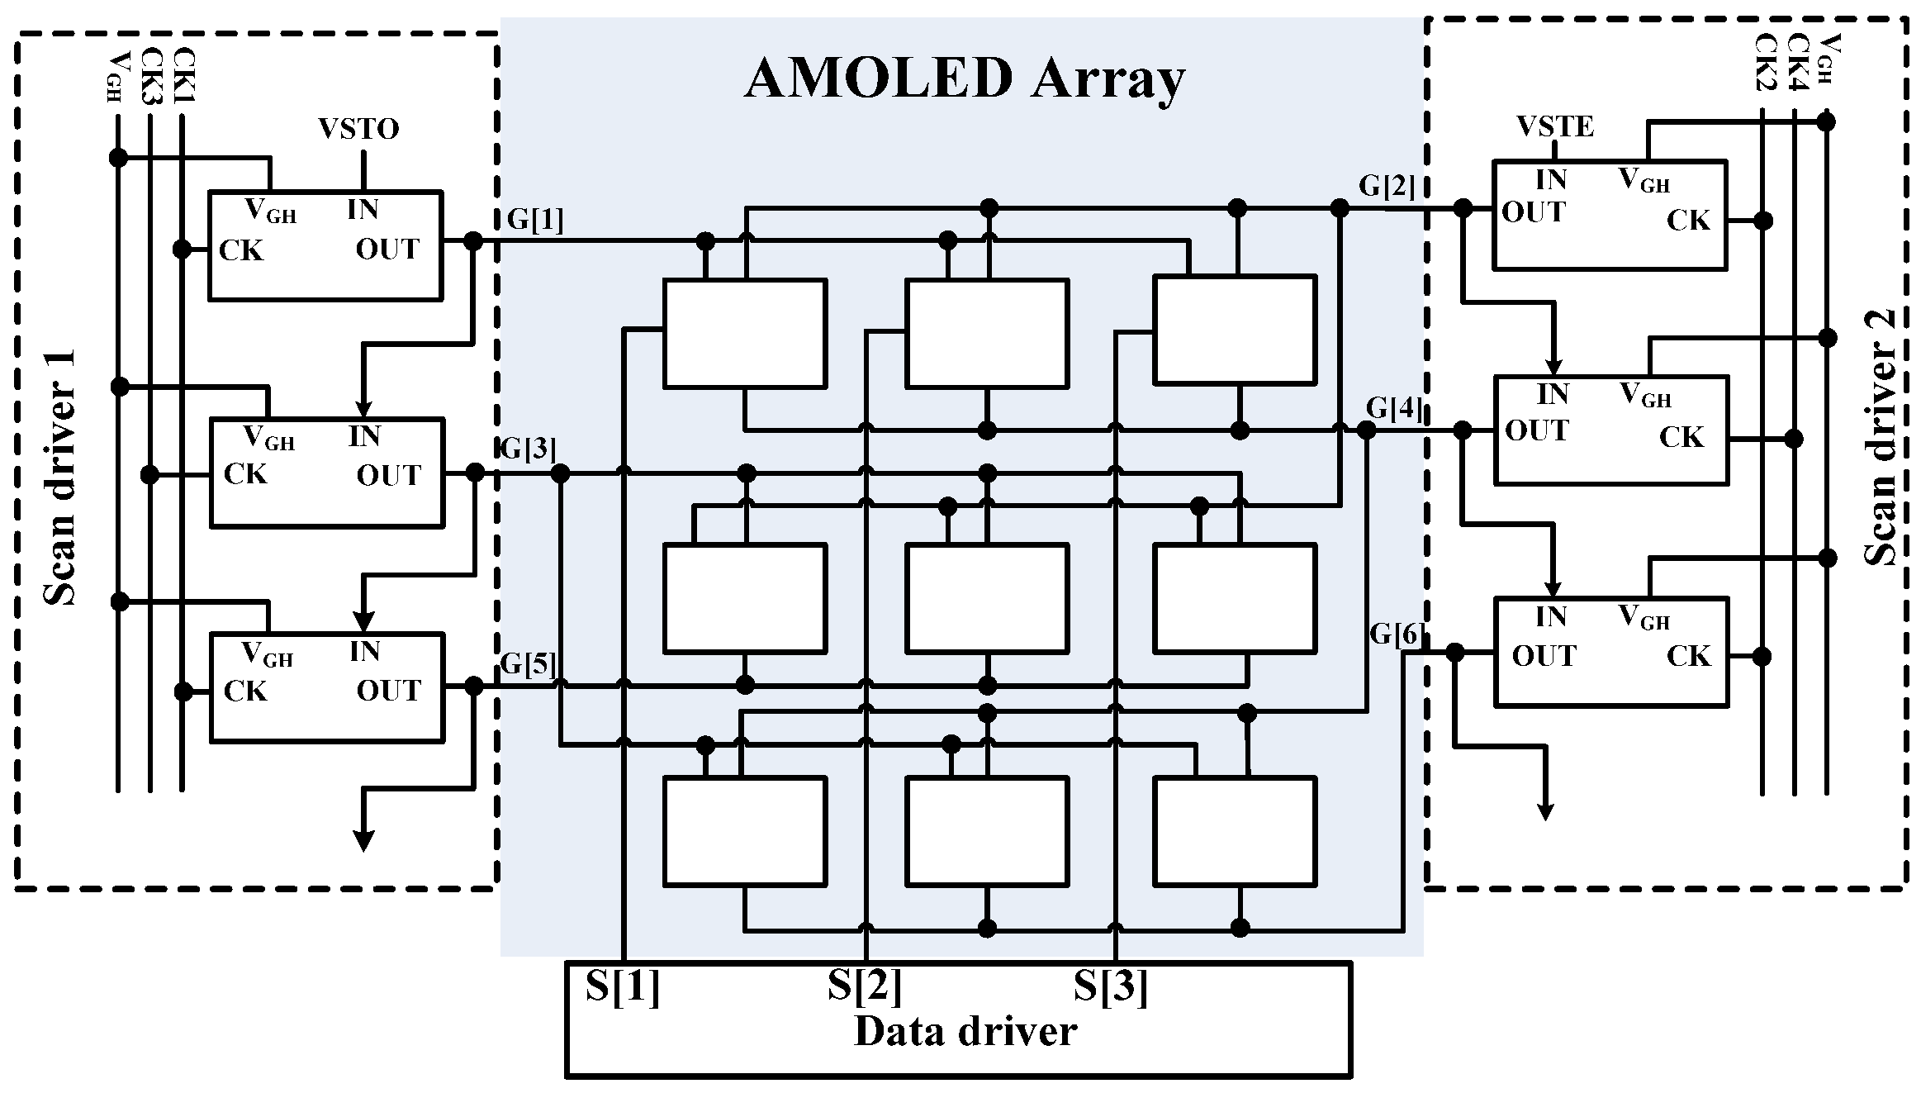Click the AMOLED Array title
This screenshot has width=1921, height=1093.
click(964, 80)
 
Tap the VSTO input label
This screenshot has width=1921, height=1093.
click(358, 129)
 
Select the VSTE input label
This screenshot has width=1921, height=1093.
click(1555, 126)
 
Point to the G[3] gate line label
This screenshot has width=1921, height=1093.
click(529, 449)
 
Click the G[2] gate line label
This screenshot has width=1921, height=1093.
click(1387, 187)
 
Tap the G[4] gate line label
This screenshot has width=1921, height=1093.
click(1395, 407)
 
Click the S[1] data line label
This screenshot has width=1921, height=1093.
click(623, 986)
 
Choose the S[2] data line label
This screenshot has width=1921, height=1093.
click(865, 986)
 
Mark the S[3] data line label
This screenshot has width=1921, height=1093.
click(1110, 986)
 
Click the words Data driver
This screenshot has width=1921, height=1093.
click(965, 1032)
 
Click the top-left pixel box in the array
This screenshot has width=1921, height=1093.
click(744, 333)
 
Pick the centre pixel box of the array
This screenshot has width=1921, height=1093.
click(987, 597)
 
